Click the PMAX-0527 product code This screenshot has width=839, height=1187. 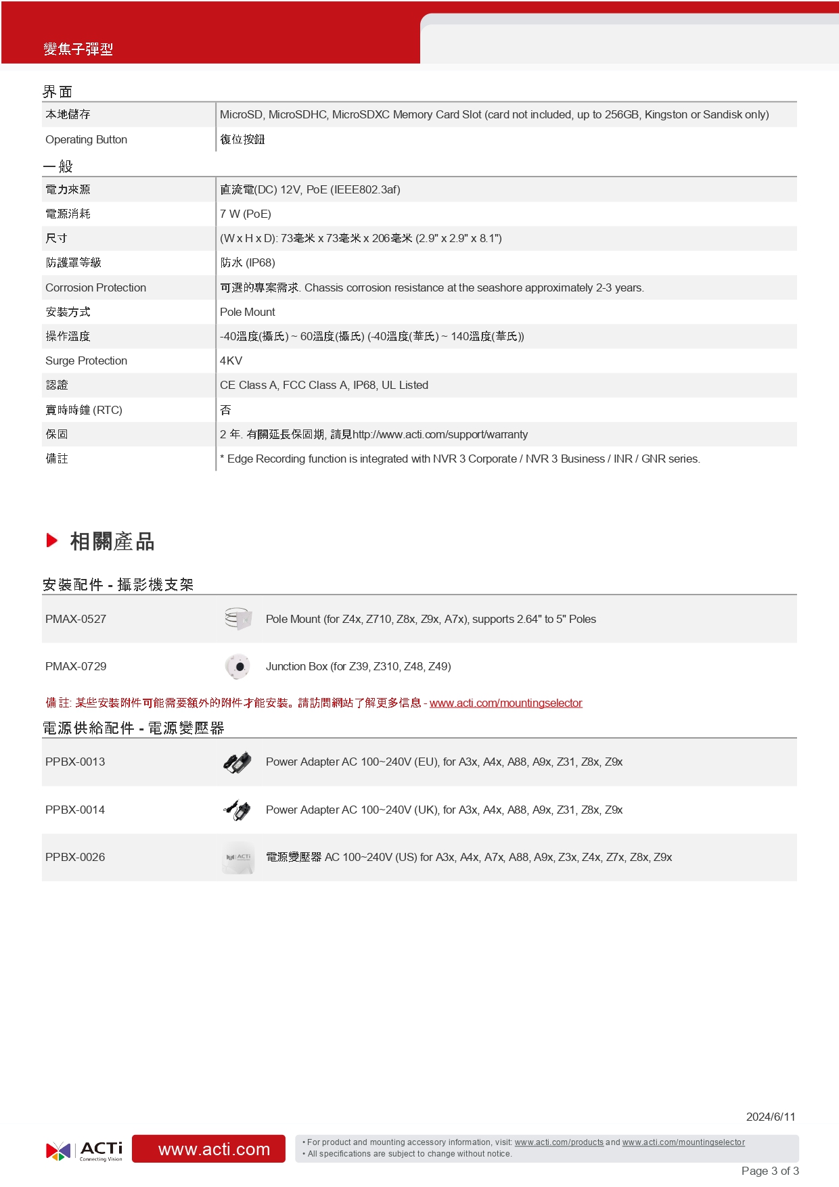click(76, 619)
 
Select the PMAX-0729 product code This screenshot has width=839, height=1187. click(76, 666)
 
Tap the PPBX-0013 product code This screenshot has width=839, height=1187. click(75, 762)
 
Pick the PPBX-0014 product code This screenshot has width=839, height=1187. click(75, 810)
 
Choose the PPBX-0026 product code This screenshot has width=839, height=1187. click(75, 857)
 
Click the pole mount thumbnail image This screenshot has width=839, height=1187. click(237, 619)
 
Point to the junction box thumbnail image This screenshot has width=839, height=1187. click(237, 666)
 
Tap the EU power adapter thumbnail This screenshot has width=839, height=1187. click(237, 762)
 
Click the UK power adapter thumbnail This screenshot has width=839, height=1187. click(237, 810)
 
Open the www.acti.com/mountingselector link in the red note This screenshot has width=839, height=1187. click(505, 703)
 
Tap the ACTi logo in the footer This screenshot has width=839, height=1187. click(85, 1150)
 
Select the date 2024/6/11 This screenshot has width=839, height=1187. click(771, 1117)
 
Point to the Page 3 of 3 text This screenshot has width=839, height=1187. click(770, 1171)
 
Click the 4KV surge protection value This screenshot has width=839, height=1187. click(231, 360)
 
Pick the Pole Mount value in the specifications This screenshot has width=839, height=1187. click(248, 312)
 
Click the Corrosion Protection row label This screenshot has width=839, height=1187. click(95, 287)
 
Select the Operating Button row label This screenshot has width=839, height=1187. click(86, 139)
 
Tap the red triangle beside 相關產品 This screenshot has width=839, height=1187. click(52, 540)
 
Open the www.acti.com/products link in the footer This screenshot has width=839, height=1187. click(559, 1142)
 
